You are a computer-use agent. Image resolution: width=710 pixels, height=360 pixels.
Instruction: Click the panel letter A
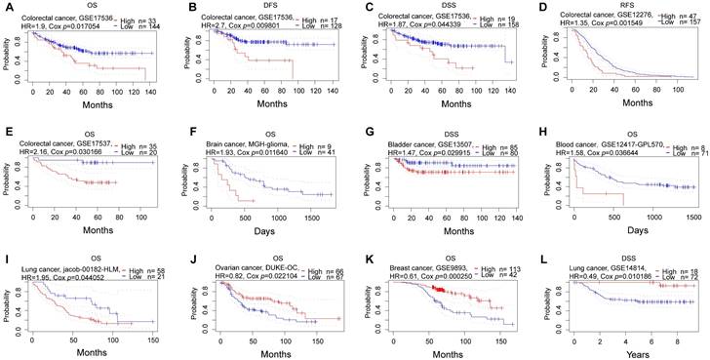pos(7,9)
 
